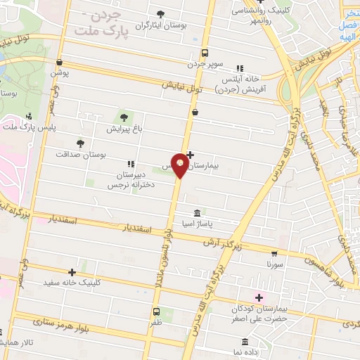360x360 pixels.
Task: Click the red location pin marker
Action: pos(180,165)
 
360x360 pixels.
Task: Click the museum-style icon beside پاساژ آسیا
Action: pos(196,213)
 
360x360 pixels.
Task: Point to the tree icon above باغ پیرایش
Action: pos(124,117)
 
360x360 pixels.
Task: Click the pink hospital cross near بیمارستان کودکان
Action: pos(259,297)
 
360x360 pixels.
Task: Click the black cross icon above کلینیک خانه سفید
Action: pos(72,272)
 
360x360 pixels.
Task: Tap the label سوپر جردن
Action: pos(205,63)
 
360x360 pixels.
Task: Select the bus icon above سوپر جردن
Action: pos(205,53)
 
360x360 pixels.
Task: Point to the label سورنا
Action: pos(274,264)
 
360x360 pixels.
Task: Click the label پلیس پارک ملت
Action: pos(29,127)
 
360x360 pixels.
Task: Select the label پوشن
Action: pos(59,72)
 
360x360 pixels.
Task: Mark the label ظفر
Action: pos(156,323)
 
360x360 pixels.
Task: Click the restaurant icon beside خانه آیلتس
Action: pos(240,68)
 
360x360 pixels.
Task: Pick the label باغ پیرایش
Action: pos(124,129)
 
